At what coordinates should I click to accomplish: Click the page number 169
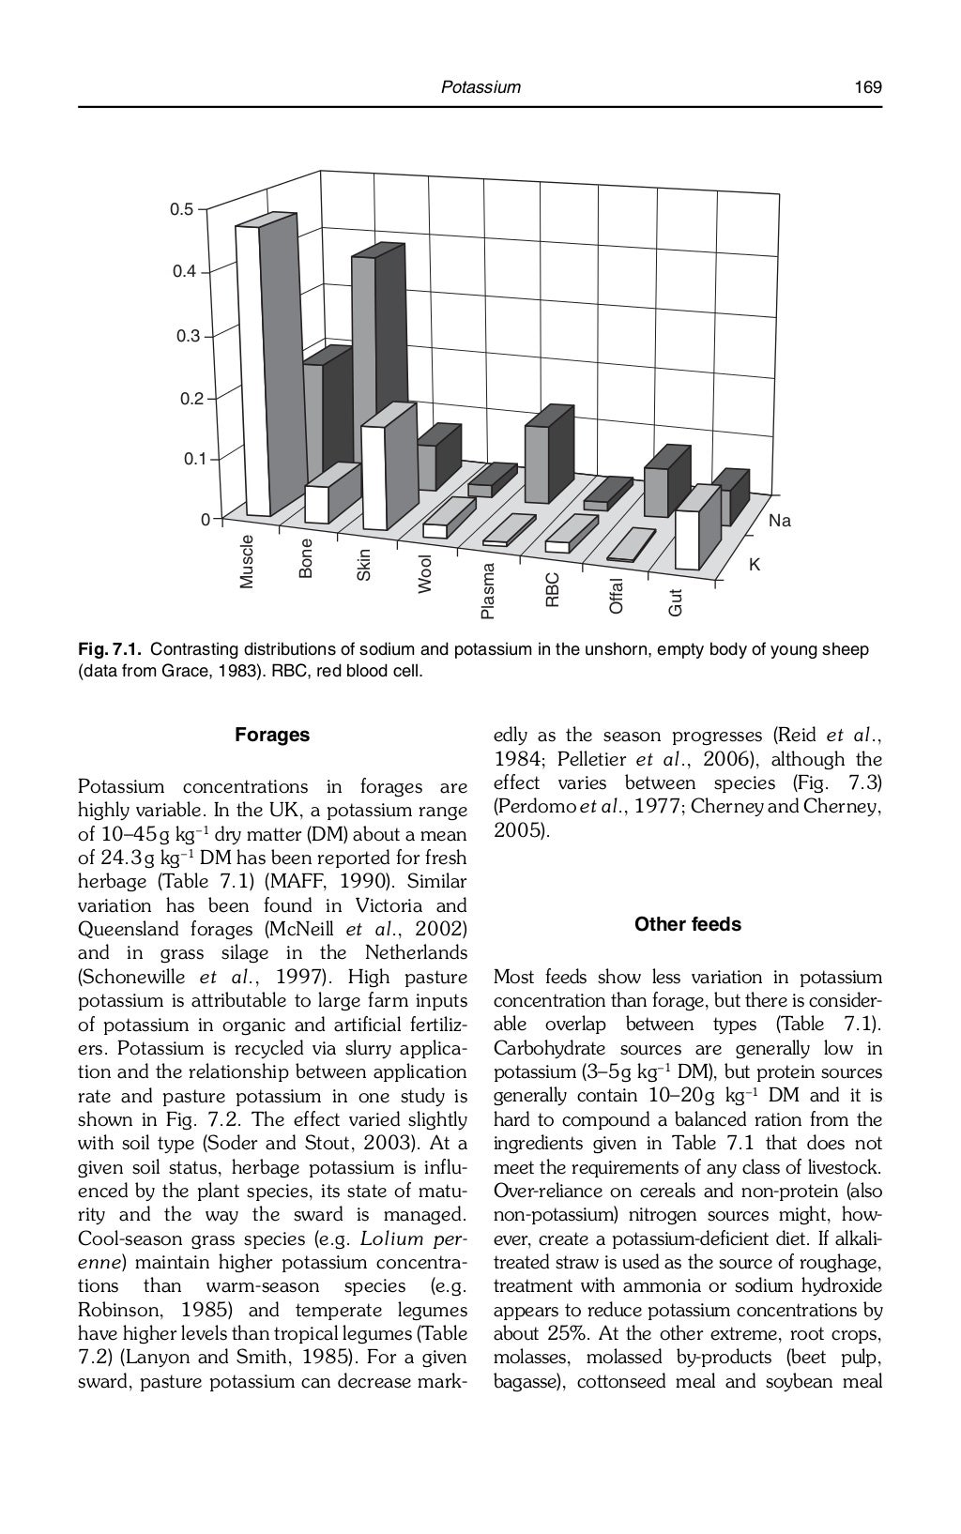pyautogui.click(x=867, y=87)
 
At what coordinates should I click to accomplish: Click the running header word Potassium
pyautogui.click(x=480, y=87)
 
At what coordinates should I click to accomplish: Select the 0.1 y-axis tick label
pyautogui.click(x=192, y=459)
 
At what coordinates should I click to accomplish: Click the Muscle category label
pyautogui.click(x=247, y=561)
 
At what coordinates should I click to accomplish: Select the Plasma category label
pyautogui.click(x=486, y=591)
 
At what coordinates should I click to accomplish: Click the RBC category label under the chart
pyautogui.click(x=552, y=590)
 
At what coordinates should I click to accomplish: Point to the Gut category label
pyautogui.click(x=674, y=603)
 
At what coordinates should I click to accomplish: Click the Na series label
pyautogui.click(x=779, y=521)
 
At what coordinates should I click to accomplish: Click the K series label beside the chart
pyautogui.click(x=754, y=566)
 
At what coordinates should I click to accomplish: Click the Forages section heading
pyautogui.click(x=272, y=736)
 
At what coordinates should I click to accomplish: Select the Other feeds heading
pyautogui.click(x=687, y=925)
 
